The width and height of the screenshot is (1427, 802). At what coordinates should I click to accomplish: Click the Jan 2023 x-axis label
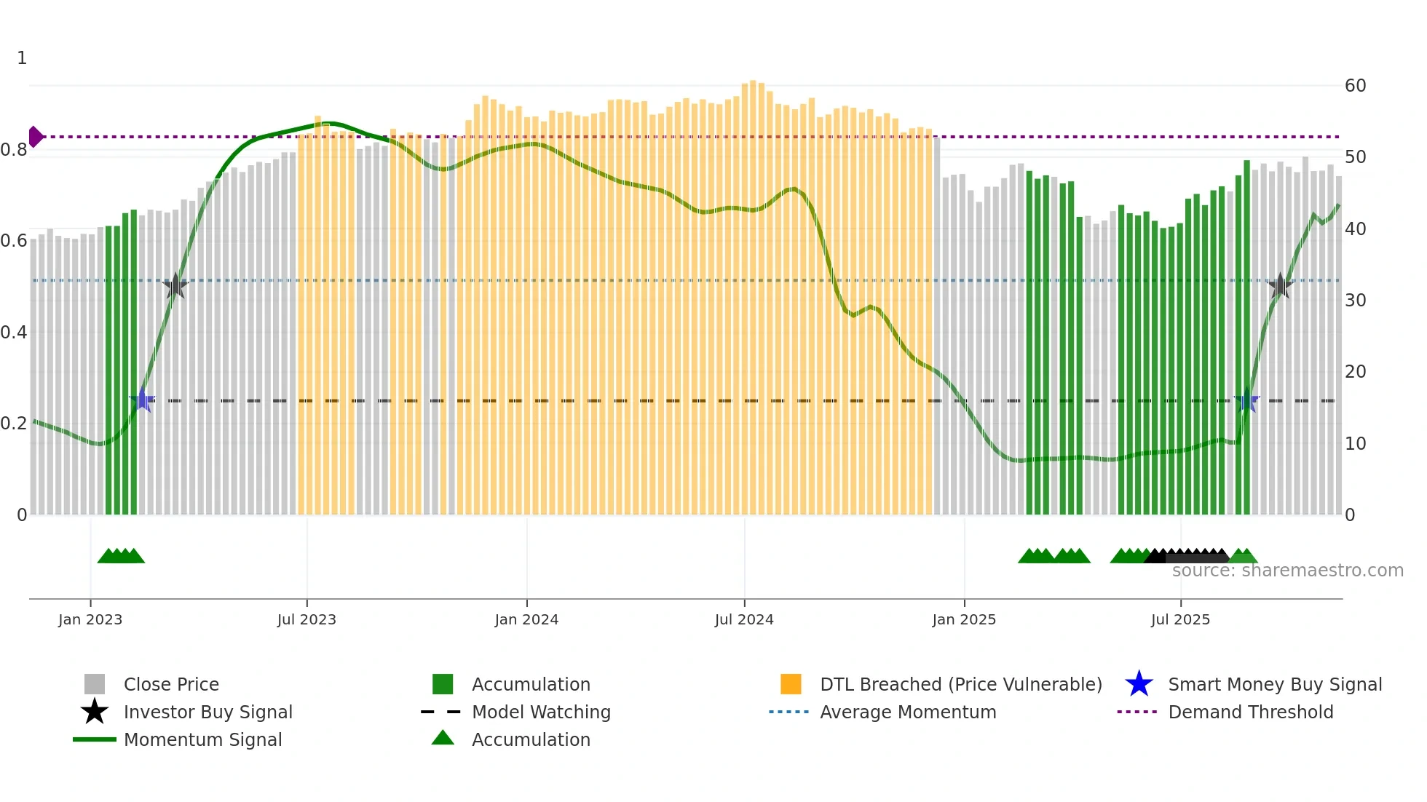[90, 619]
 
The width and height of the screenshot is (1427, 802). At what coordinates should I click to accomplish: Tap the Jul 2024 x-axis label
[744, 619]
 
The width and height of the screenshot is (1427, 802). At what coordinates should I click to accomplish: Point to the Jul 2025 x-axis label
[1180, 619]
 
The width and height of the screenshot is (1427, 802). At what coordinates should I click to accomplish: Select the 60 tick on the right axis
[1355, 86]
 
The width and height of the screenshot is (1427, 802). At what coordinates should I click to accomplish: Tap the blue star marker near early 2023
[143, 400]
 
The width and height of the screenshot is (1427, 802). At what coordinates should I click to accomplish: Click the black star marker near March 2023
[175, 286]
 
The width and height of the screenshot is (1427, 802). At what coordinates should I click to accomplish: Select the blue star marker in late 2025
[1247, 400]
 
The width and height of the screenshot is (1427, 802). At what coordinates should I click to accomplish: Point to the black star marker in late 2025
[1280, 286]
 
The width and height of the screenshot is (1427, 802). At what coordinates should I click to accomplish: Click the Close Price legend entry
[171, 684]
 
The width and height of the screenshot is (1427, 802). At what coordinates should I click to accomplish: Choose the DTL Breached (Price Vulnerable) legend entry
[960, 684]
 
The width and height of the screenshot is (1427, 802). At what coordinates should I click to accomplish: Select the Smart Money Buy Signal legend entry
[1274, 684]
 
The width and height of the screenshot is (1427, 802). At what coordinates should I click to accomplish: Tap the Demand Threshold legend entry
[1250, 712]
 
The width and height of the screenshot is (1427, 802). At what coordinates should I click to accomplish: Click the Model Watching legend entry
[540, 712]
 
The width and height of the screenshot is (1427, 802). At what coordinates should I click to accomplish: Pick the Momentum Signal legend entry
[202, 739]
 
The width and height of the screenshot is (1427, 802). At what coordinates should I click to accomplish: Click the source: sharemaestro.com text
[1287, 571]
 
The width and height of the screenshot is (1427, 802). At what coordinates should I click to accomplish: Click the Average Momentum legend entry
[907, 712]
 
